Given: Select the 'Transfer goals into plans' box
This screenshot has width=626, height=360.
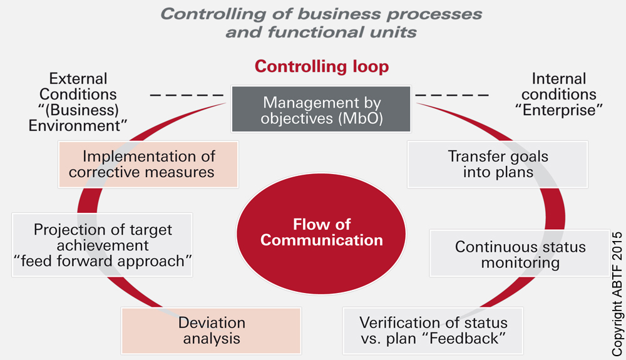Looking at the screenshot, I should pos(498,164).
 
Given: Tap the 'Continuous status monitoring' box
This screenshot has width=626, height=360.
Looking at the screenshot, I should pos(520,254).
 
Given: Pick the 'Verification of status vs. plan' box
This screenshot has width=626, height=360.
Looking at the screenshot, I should pos(433,331).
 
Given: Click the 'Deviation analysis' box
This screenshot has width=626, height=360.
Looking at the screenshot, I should pos(212,331).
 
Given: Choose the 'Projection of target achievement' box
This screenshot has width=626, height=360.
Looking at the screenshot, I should pos(103,245).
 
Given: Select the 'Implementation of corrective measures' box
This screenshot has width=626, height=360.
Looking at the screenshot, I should pos(148,164).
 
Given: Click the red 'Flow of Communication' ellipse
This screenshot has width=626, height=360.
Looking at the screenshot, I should pos(321,232).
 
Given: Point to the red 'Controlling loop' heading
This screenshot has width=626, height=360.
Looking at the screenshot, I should pos(322,66).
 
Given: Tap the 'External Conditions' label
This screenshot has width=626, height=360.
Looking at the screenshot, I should pos(78,87).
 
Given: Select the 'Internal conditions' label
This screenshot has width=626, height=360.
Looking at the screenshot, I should pos(558,87).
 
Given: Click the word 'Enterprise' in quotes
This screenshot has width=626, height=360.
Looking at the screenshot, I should pos(558,110).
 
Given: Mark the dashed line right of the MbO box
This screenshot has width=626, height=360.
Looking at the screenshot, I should pos(452,96).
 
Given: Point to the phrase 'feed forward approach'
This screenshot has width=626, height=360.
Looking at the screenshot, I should pos(103,261).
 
